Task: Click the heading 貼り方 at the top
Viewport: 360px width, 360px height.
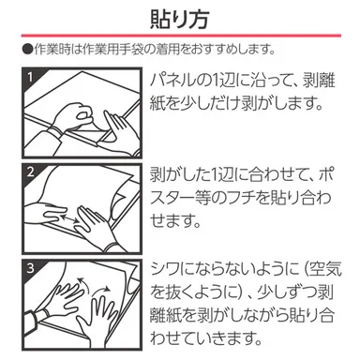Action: (179, 19)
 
